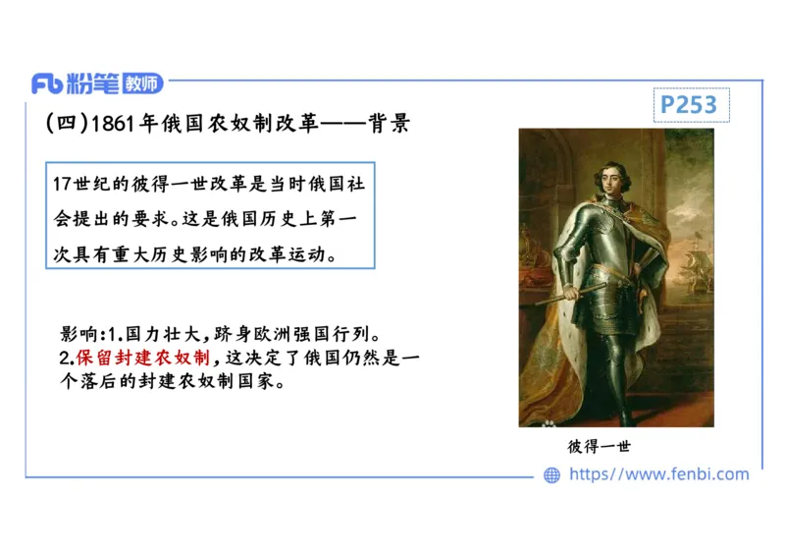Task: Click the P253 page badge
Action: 689,104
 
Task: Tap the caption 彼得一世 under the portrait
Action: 599,446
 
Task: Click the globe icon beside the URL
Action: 552,474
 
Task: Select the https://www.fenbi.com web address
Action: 658,474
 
